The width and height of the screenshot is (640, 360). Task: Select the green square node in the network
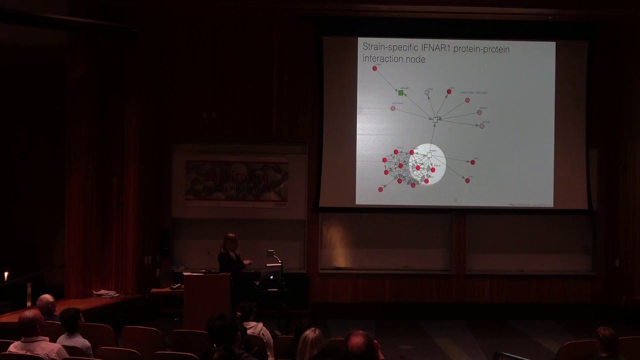pyautogui.click(x=400, y=92)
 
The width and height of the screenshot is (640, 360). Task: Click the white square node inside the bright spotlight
pyautogui.click(x=429, y=155)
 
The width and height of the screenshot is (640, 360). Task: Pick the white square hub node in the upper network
pyautogui.click(x=435, y=119)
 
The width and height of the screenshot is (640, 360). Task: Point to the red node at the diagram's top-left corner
pyautogui.click(x=374, y=68)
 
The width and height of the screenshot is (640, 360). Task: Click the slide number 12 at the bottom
pyautogui.click(x=455, y=200)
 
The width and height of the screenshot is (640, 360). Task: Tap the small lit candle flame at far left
pyautogui.click(x=6, y=275)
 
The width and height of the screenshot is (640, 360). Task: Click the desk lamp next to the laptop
pyautogui.click(x=272, y=255)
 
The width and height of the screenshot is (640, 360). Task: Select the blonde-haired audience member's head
pyautogui.click(x=310, y=342)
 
